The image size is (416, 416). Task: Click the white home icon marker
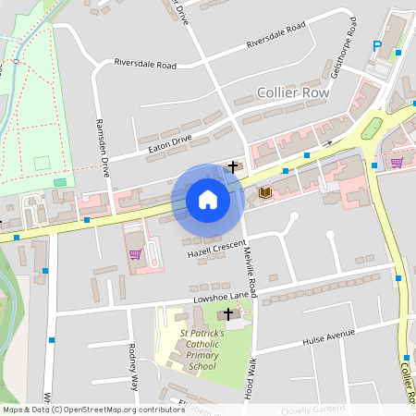point(207,200)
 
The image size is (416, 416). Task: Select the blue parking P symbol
point(377,46)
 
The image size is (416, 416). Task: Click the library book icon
point(265,192)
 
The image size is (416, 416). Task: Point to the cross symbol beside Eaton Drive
point(233,166)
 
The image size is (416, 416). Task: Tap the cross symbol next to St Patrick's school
point(227,315)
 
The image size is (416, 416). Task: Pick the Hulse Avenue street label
point(328,336)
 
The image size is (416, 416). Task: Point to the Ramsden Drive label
point(103,148)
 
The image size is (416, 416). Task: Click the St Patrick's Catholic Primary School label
point(192,349)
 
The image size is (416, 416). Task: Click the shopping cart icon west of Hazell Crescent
point(135,253)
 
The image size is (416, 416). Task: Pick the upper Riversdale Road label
point(275,37)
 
